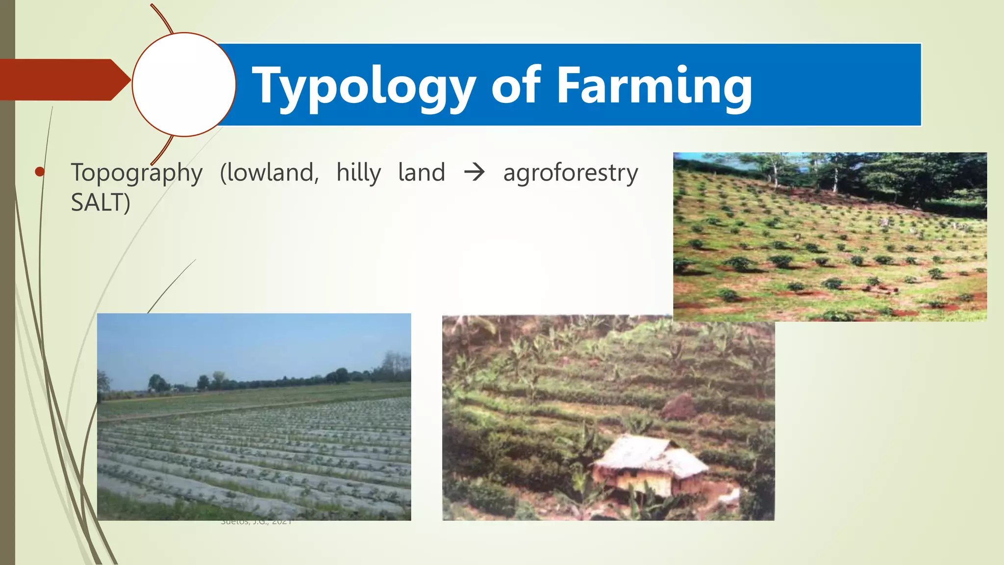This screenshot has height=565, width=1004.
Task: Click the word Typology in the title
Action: click(363, 86)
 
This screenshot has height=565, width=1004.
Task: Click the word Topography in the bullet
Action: click(136, 173)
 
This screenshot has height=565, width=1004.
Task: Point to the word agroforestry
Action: click(570, 173)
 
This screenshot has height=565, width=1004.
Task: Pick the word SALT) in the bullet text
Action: click(100, 203)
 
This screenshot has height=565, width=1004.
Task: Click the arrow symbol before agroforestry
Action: click(474, 173)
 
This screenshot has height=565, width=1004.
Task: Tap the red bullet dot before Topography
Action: click(40, 172)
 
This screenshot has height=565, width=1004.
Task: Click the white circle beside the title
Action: click(184, 84)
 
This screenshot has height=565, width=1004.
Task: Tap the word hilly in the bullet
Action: click(358, 173)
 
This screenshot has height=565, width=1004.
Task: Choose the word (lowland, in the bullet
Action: click(269, 173)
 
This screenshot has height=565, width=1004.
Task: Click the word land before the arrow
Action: click(421, 173)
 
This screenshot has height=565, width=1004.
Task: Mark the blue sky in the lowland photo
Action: click(245, 343)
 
